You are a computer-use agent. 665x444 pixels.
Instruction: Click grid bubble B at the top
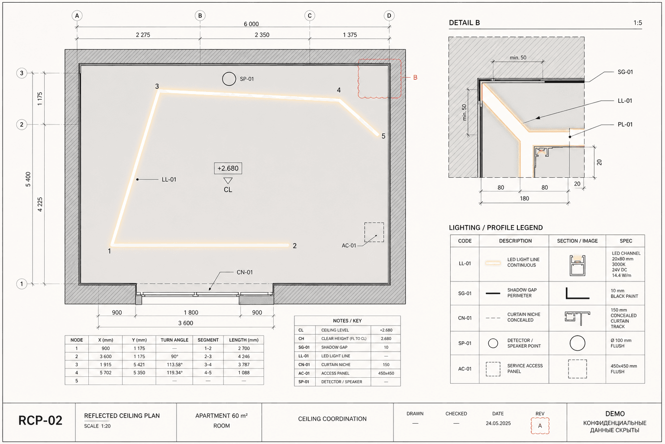click(x=200, y=16)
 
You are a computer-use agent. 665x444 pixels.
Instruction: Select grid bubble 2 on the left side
click(x=22, y=124)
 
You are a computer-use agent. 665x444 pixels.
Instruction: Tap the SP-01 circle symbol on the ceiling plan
click(x=229, y=79)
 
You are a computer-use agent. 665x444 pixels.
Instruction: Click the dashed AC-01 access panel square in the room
click(x=374, y=232)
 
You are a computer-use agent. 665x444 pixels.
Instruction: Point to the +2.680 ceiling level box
click(x=228, y=168)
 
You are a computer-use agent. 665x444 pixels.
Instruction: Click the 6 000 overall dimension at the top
click(x=251, y=24)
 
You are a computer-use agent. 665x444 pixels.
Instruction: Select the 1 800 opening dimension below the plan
click(x=191, y=313)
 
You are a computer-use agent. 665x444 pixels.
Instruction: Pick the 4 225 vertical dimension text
click(x=40, y=205)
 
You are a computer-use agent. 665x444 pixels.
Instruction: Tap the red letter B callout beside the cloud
click(x=415, y=77)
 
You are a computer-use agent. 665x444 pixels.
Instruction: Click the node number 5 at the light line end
click(x=383, y=136)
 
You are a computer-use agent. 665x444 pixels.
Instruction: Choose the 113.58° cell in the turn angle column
click(x=174, y=365)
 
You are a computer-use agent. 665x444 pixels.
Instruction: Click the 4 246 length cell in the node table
click(x=244, y=356)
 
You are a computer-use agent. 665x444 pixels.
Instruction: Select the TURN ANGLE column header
click(x=174, y=340)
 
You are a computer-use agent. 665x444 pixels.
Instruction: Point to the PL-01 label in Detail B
click(x=625, y=124)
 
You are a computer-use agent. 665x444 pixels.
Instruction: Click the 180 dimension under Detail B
click(x=524, y=198)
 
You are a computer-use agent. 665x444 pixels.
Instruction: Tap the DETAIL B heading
click(x=464, y=23)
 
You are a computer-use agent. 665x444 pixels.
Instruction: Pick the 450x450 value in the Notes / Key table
click(x=386, y=373)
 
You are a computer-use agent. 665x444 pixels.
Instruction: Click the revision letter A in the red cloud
click(x=540, y=426)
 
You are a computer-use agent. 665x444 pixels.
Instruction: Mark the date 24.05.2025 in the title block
click(x=498, y=423)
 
